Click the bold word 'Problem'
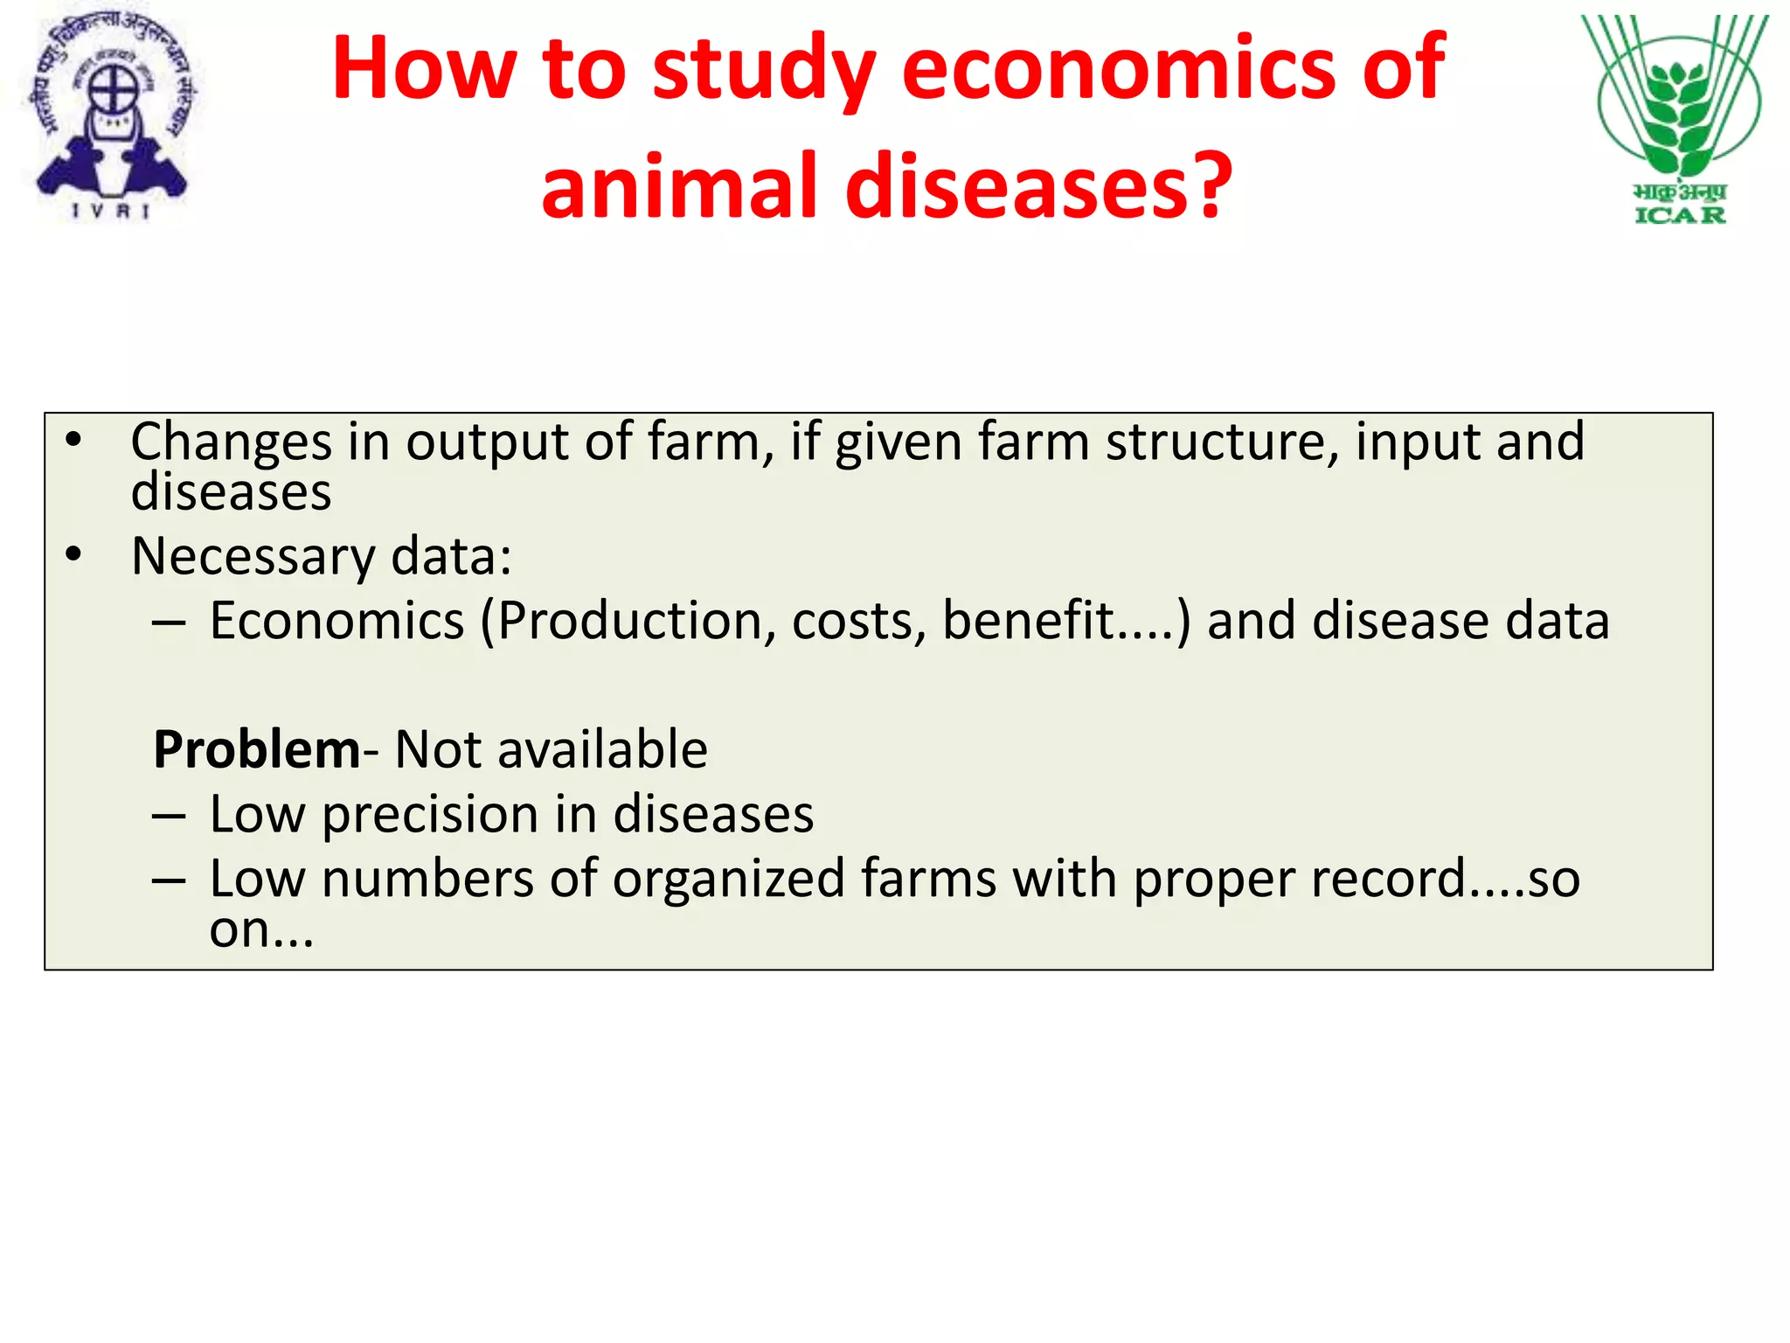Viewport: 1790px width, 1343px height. pos(256,750)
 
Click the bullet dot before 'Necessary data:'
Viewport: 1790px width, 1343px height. pos(74,555)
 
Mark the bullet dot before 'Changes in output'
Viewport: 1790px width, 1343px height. pos(74,440)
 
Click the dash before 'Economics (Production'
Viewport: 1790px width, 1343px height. pos(168,623)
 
